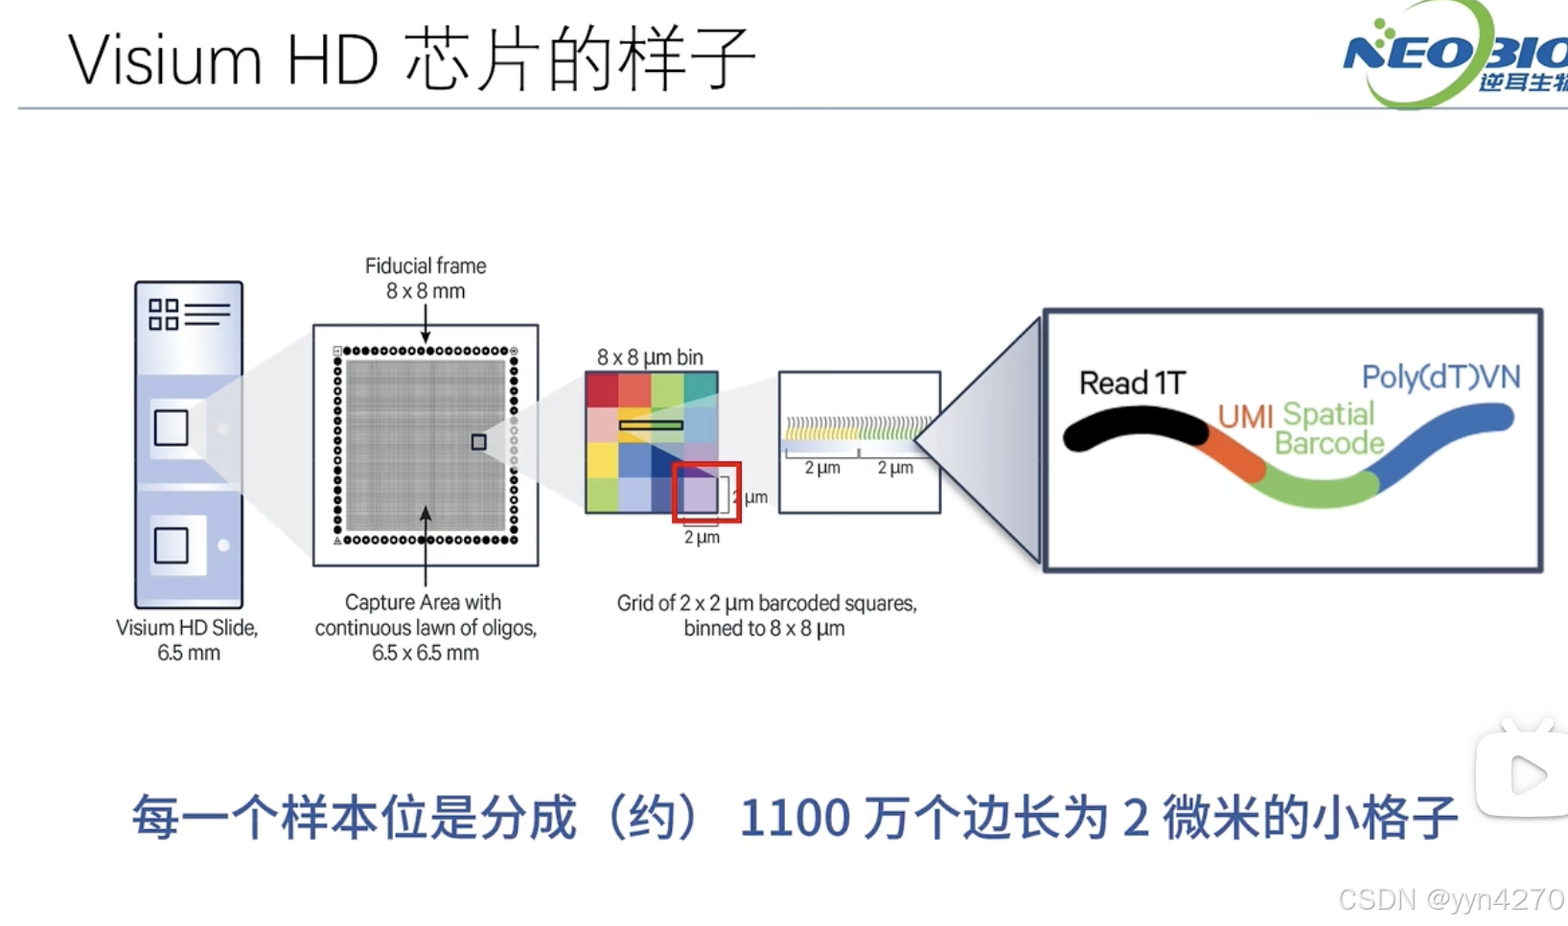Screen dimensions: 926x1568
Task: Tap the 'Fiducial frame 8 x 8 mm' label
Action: tap(426, 278)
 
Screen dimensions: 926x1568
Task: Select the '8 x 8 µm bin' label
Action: tap(650, 358)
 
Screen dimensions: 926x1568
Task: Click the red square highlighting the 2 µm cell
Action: tap(706, 493)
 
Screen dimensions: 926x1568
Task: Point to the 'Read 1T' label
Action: tap(1132, 383)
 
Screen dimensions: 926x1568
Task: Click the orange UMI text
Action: tap(1245, 416)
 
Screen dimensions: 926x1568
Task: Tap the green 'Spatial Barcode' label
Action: tap(1329, 428)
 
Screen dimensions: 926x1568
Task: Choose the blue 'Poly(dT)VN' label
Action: tap(1441, 377)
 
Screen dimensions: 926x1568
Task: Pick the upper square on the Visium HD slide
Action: tap(172, 428)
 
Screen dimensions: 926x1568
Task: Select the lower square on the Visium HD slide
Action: tap(172, 545)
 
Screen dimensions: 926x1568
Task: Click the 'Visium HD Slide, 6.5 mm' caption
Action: tap(188, 640)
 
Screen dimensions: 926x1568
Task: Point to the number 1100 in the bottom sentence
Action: tap(795, 819)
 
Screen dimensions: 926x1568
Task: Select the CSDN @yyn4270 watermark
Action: tap(1450, 899)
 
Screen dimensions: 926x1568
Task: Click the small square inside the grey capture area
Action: tap(478, 442)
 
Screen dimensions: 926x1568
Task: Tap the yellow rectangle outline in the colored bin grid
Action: tap(651, 425)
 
